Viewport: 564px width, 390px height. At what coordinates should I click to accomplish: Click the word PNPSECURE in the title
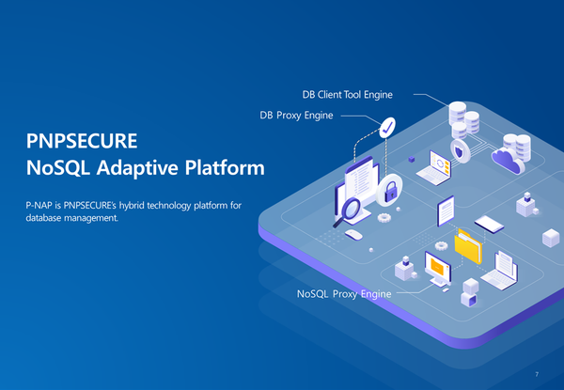coord(83,142)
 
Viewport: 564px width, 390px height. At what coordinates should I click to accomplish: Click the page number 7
coord(536,374)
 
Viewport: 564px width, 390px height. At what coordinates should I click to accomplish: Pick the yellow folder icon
coord(468,246)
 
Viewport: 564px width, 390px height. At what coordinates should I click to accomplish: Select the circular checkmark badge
coord(386,128)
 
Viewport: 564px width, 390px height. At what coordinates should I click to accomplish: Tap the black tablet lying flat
coord(491,224)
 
